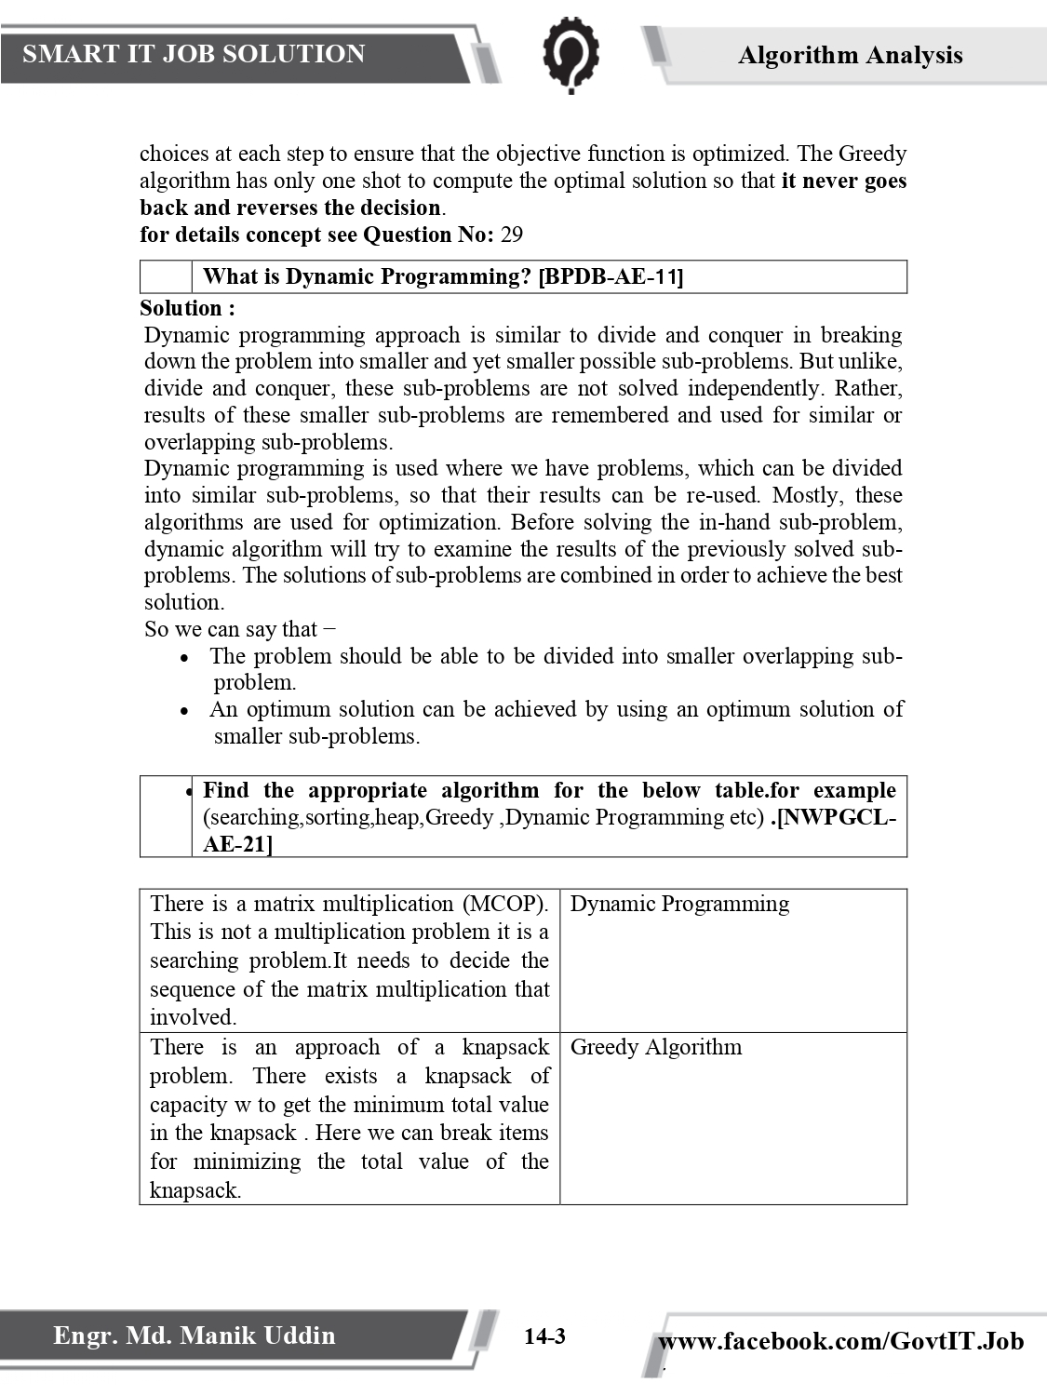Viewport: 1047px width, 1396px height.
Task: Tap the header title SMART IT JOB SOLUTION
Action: pos(194,54)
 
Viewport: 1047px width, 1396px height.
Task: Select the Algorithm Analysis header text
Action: pos(850,56)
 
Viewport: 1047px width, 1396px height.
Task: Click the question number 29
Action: pos(512,235)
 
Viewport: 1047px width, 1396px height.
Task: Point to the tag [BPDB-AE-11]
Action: pos(611,276)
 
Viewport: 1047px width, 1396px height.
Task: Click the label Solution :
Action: pos(187,308)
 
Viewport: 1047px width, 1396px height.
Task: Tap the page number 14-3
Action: pos(544,1337)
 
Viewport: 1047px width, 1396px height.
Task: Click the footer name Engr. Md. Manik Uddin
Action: pos(194,1336)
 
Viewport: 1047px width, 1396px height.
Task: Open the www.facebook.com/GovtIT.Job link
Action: pos(840,1341)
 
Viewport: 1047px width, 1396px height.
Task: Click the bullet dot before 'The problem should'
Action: pos(185,658)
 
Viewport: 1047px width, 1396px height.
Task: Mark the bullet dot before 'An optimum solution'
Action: pos(185,711)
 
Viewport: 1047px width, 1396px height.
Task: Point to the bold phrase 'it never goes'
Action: pos(843,181)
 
